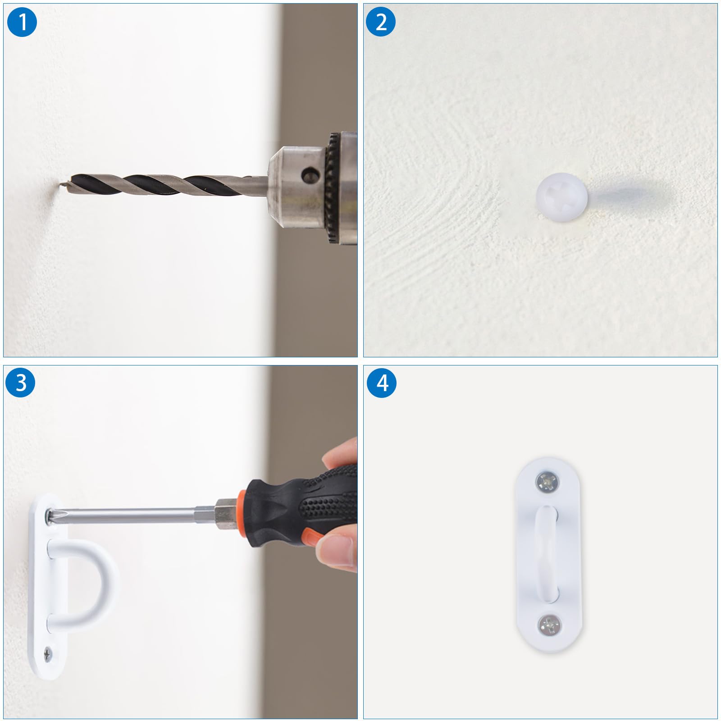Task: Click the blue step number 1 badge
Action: pos(22,22)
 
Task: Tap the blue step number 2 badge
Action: pos(381,22)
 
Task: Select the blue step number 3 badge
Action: pos(21,383)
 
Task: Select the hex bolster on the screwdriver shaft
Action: pos(224,514)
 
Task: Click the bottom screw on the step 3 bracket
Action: pos(48,652)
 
